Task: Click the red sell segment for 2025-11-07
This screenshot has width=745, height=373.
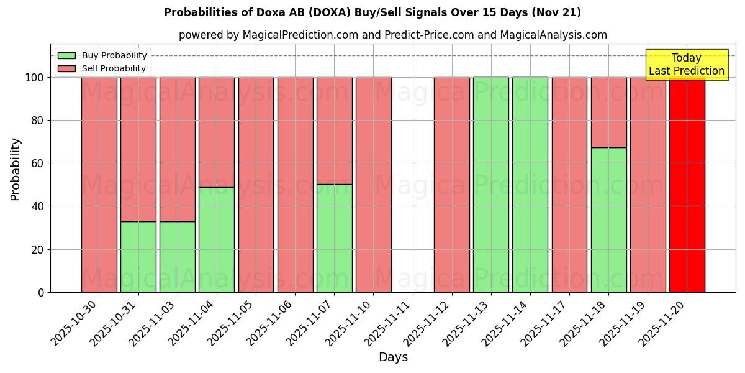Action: (334, 131)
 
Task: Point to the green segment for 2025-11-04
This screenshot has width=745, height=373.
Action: (216, 239)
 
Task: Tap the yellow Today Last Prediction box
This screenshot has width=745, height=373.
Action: (686, 65)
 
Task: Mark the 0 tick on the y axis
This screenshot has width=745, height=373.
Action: (41, 292)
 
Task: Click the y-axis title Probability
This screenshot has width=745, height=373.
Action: (16, 168)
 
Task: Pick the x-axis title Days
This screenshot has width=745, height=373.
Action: (393, 357)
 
